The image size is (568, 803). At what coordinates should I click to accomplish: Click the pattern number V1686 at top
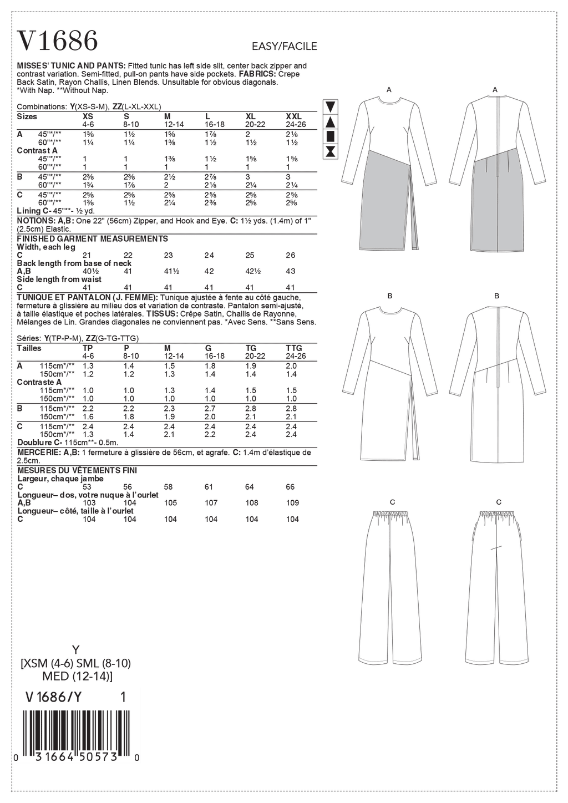(58, 40)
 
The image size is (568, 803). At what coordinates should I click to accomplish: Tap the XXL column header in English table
(293, 117)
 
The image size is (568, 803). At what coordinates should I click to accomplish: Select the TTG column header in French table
(293, 348)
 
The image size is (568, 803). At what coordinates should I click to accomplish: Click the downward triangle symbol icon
(331, 106)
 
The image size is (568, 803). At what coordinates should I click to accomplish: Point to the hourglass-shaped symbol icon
(331, 150)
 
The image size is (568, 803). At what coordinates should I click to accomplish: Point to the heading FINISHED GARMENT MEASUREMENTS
(93, 239)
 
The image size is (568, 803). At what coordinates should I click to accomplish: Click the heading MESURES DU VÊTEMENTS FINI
(77, 470)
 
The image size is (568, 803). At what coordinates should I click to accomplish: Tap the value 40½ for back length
(89, 271)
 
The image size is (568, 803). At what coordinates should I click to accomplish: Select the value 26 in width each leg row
(291, 255)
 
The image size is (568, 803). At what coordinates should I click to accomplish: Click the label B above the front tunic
(389, 296)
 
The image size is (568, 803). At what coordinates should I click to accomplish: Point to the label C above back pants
(499, 502)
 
